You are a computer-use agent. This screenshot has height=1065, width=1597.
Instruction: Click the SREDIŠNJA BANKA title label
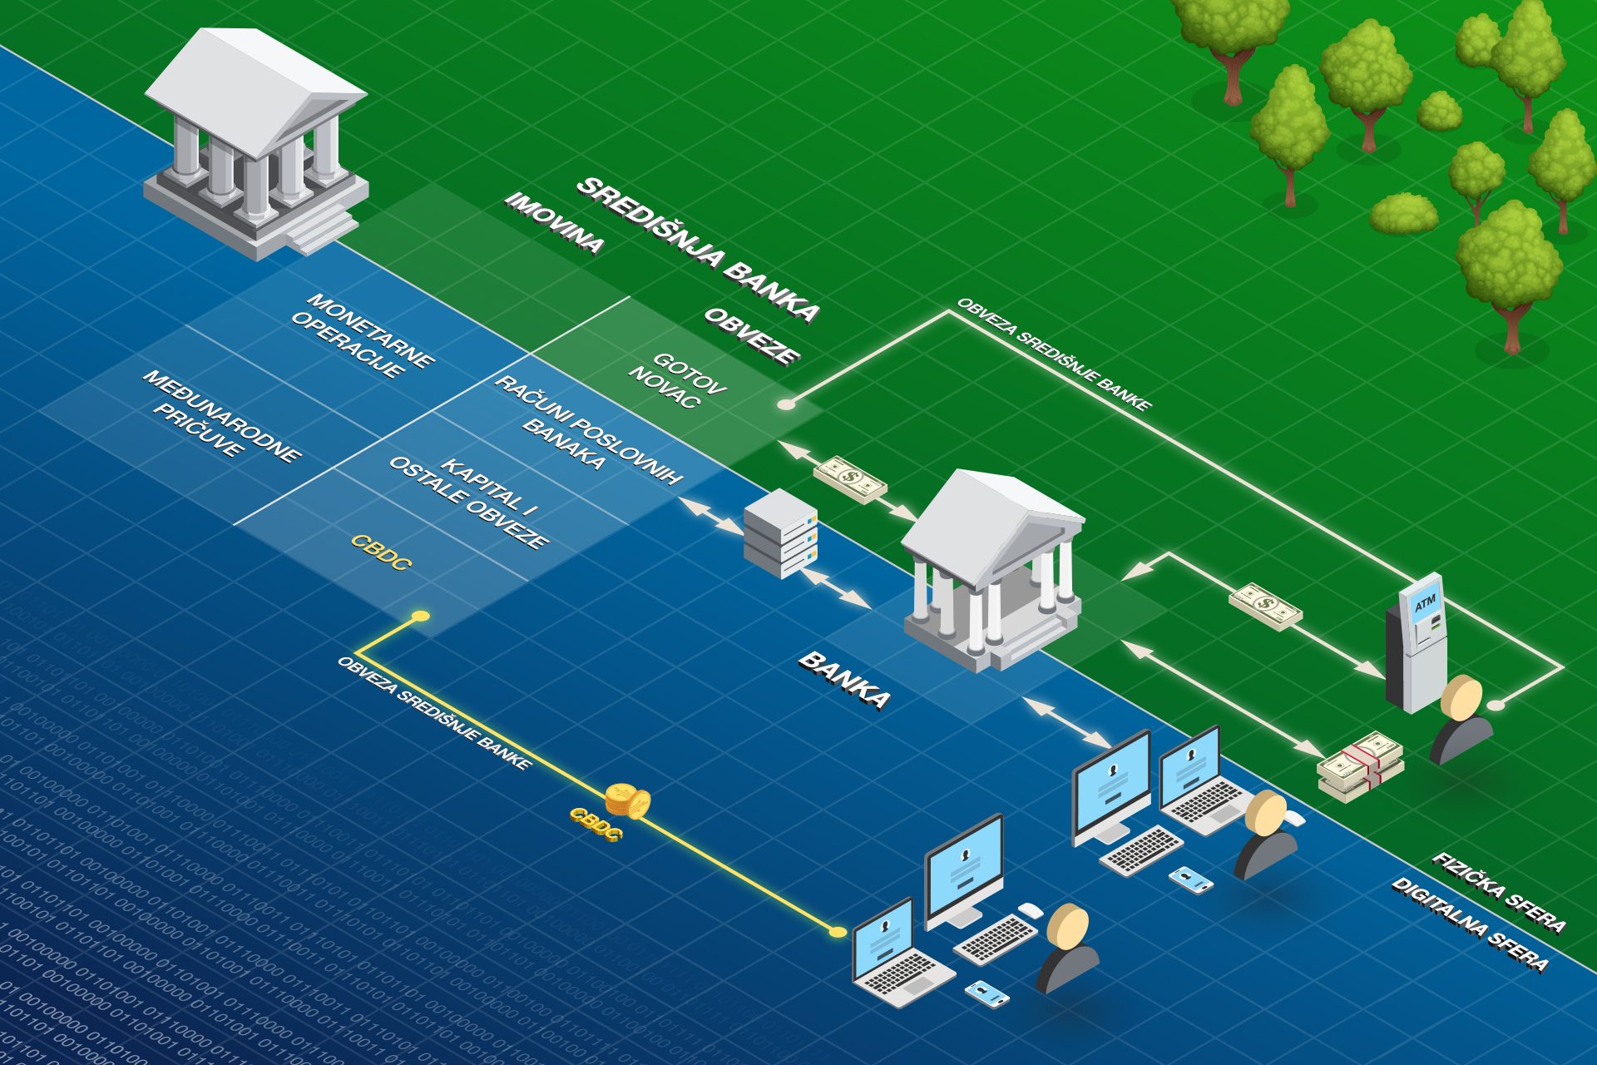[x=699, y=248]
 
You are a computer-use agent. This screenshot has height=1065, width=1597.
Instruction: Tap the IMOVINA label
[x=555, y=222]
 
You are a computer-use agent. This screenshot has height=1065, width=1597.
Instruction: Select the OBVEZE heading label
[x=752, y=335]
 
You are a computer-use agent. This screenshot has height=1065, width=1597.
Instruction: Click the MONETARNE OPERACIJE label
[x=362, y=335]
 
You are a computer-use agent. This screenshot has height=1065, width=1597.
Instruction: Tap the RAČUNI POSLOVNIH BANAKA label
[x=587, y=429]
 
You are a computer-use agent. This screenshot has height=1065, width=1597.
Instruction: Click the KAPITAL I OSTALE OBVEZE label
[x=468, y=502]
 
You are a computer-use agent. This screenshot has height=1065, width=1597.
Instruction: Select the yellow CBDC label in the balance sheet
[x=381, y=552]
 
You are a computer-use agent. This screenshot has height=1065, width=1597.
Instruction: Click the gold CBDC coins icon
[x=627, y=801]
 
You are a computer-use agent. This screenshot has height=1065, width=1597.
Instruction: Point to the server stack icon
[x=780, y=533]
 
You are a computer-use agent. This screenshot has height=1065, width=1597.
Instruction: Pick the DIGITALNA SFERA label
[x=1470, y=924]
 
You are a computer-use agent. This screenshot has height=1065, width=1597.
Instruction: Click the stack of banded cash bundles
[x=1361, y=766]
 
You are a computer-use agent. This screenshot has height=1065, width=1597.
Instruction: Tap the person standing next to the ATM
[x=1461, y=719]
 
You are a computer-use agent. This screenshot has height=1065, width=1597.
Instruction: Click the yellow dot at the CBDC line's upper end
[x=421, y=617]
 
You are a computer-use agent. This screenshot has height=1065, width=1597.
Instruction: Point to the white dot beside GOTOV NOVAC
[x=785, y=404]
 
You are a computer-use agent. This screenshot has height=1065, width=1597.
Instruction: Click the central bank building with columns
[x=256, y=146]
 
